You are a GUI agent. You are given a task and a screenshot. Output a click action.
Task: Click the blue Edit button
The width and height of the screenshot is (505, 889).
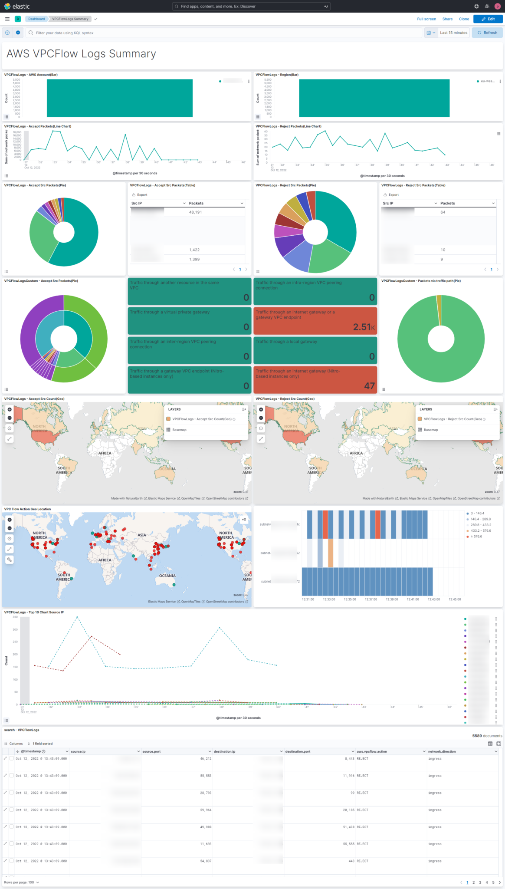488,19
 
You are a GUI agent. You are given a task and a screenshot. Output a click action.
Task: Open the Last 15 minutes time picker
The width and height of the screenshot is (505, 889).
453,33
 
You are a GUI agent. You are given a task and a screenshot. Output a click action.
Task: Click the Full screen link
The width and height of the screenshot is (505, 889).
426,19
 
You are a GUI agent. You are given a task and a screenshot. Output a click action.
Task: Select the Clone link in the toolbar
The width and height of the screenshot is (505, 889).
464,19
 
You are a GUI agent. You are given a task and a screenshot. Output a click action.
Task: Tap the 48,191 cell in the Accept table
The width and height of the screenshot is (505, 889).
195,212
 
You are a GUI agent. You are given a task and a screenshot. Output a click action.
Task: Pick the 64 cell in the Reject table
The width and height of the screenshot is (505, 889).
443,212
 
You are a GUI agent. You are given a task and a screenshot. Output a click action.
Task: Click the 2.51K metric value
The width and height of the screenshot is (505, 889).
364,327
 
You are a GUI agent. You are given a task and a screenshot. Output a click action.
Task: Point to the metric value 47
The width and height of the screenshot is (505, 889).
369,386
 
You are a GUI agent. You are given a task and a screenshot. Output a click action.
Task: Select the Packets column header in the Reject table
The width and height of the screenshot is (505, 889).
447,203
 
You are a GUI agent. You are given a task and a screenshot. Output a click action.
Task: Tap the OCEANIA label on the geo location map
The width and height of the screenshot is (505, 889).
167,576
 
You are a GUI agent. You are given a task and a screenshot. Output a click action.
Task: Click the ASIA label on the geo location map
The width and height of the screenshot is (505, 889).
142,535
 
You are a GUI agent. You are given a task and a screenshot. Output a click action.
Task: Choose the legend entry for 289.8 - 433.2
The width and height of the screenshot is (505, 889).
480,525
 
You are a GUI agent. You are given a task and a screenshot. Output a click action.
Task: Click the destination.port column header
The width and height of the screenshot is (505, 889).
298,751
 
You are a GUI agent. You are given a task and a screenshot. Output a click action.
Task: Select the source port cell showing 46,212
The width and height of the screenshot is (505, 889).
206,759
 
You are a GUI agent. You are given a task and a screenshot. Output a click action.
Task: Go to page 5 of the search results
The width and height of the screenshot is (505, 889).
493,882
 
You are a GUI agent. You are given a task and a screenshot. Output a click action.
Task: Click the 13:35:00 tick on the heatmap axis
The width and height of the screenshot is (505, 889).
350,599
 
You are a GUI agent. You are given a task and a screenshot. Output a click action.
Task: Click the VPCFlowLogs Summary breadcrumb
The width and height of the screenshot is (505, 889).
70,19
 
